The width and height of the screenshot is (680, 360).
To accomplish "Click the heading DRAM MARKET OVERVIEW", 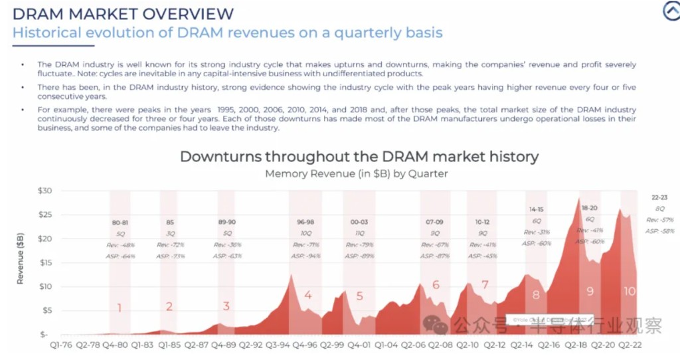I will click(x=124, y=13).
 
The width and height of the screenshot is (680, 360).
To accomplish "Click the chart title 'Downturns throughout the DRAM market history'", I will click(x=359, y=157).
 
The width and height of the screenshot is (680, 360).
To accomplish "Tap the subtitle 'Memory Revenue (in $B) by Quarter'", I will click(x=357, y=173).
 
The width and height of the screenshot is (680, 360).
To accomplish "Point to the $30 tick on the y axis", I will click(x=42, y=191).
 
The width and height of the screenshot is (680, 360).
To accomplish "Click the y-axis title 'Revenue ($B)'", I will click(x=20, y=258).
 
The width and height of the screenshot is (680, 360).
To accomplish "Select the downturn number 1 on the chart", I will click(x=120, y=308).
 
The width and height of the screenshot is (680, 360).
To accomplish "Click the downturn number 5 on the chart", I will click(x=360, y=296).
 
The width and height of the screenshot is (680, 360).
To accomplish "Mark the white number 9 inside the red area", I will click(x=590, y=290).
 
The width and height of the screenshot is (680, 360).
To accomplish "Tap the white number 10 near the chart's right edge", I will click(x=630, y=291).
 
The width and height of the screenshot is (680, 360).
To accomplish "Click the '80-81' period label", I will click(x=120, y=223).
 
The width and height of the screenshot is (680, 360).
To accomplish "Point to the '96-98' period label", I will click(x=305, y=223).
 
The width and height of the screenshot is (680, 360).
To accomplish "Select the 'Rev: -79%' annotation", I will click(x=359, y=244).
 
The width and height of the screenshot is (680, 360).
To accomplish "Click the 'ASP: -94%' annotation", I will click(x=305, y=256).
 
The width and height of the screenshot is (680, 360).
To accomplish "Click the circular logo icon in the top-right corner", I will click(x=671, y=12).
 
